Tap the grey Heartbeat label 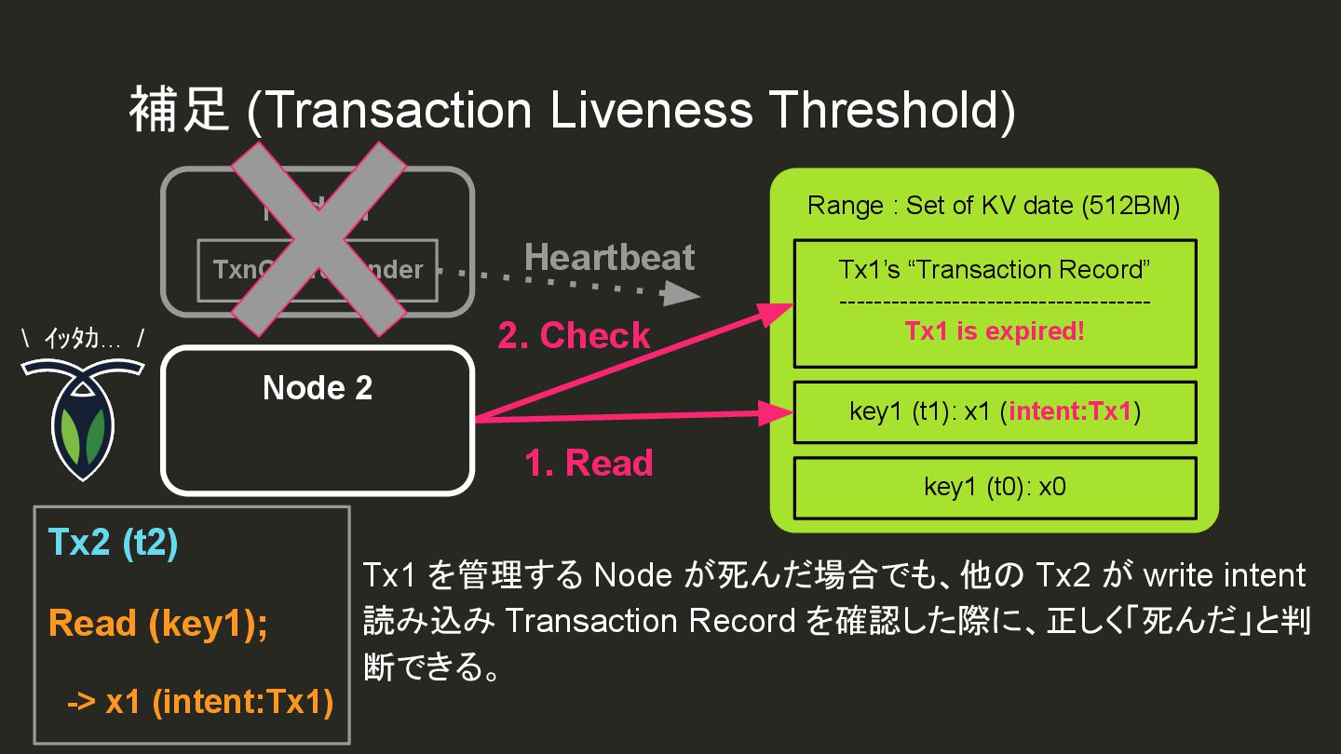pos(610,258)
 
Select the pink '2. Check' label pos(574,335)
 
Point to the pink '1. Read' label pos(589,463)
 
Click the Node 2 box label pos(318,388)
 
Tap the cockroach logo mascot pos(82,418)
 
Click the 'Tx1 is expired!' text pos(995,331)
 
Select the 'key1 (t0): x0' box pos(995,487)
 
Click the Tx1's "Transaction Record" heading pos(995,270)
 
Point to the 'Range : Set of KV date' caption pos(994,206)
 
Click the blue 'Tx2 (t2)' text pos(113,544)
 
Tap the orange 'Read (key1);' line pos(157,623)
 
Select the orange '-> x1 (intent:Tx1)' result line pos(199,701)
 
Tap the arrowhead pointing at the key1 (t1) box pos(778,412)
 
